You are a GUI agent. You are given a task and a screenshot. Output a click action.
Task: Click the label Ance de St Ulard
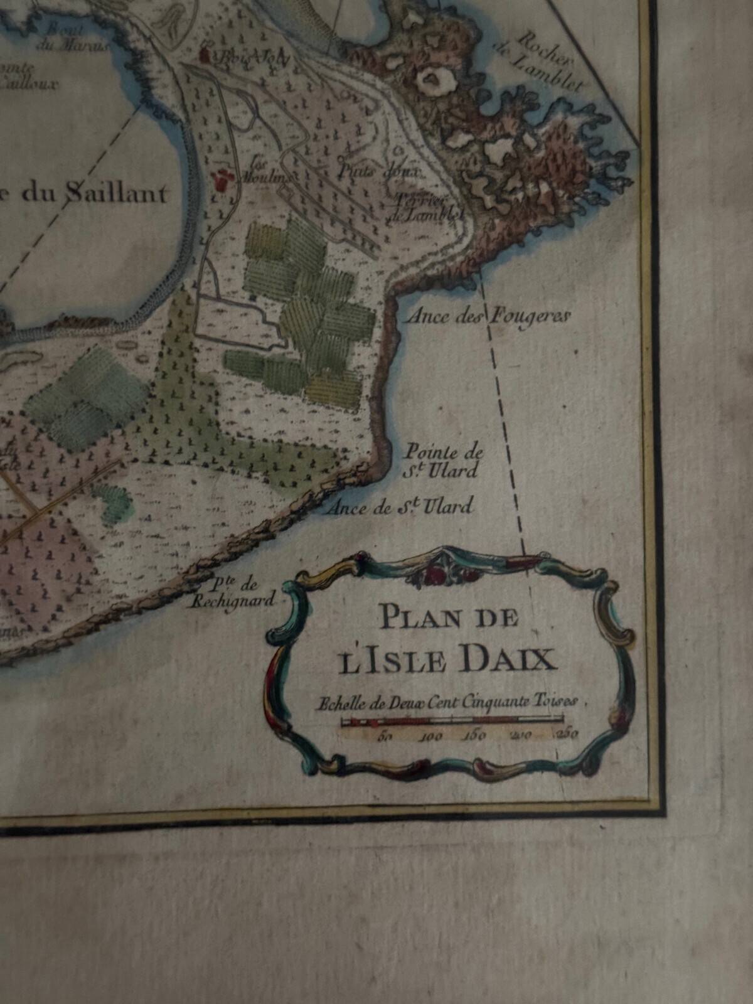coord(398,507)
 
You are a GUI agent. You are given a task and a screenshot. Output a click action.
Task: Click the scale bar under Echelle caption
coord(452,722)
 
